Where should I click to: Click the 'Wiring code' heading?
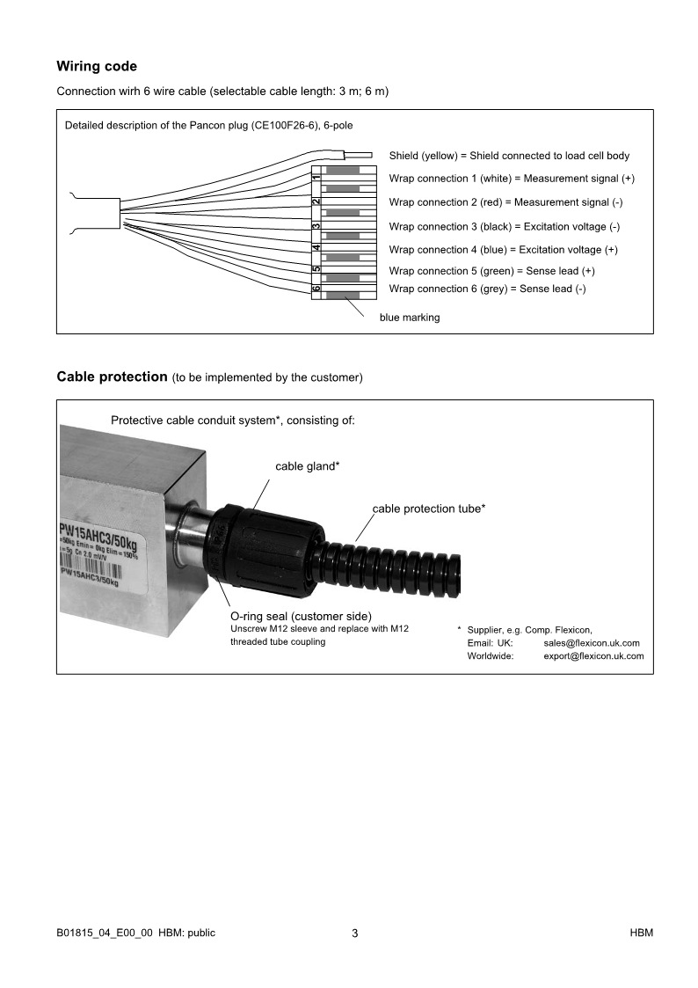point(97,66)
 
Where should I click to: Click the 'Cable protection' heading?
point(112,377)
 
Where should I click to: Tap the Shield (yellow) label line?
point(509,156)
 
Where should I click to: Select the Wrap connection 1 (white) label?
point(512,179)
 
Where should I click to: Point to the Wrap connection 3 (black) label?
point(504,226)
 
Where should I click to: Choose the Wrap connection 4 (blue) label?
point(503,250)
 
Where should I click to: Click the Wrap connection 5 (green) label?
point(491,271)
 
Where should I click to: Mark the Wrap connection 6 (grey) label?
point(487,289)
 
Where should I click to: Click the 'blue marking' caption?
point(410,318)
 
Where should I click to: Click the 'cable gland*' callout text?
point(308,466)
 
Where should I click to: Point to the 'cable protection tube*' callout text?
point(429,509)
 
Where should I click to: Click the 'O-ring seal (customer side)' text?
point(301,616)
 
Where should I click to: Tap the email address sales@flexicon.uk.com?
point(592,643)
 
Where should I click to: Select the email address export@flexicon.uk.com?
point(593,656)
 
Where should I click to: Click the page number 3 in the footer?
point(354,933)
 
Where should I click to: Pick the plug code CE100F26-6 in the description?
point(291,125)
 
